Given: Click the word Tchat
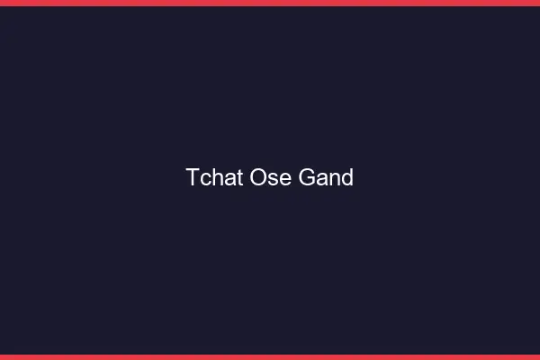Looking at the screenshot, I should pos(212,178).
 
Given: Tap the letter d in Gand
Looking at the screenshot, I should pos(347,178).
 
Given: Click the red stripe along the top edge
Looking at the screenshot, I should pos(270,3).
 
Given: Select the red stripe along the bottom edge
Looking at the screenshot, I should pos(270,356).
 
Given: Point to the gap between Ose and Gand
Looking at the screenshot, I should pos(293,178).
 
